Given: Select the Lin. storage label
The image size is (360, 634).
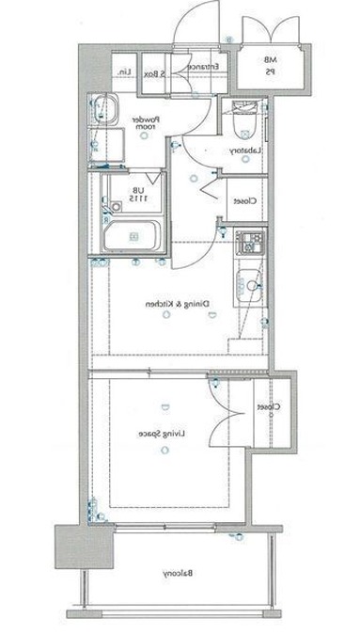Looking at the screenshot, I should tap(122, 71).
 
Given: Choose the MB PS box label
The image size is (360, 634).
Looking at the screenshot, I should tap(269, 65).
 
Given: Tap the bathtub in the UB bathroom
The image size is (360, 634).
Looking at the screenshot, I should tap(132, 235).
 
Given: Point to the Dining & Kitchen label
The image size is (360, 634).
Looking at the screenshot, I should tap(176, 305).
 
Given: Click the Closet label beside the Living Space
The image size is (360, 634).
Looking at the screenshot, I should tap(269, 408).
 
